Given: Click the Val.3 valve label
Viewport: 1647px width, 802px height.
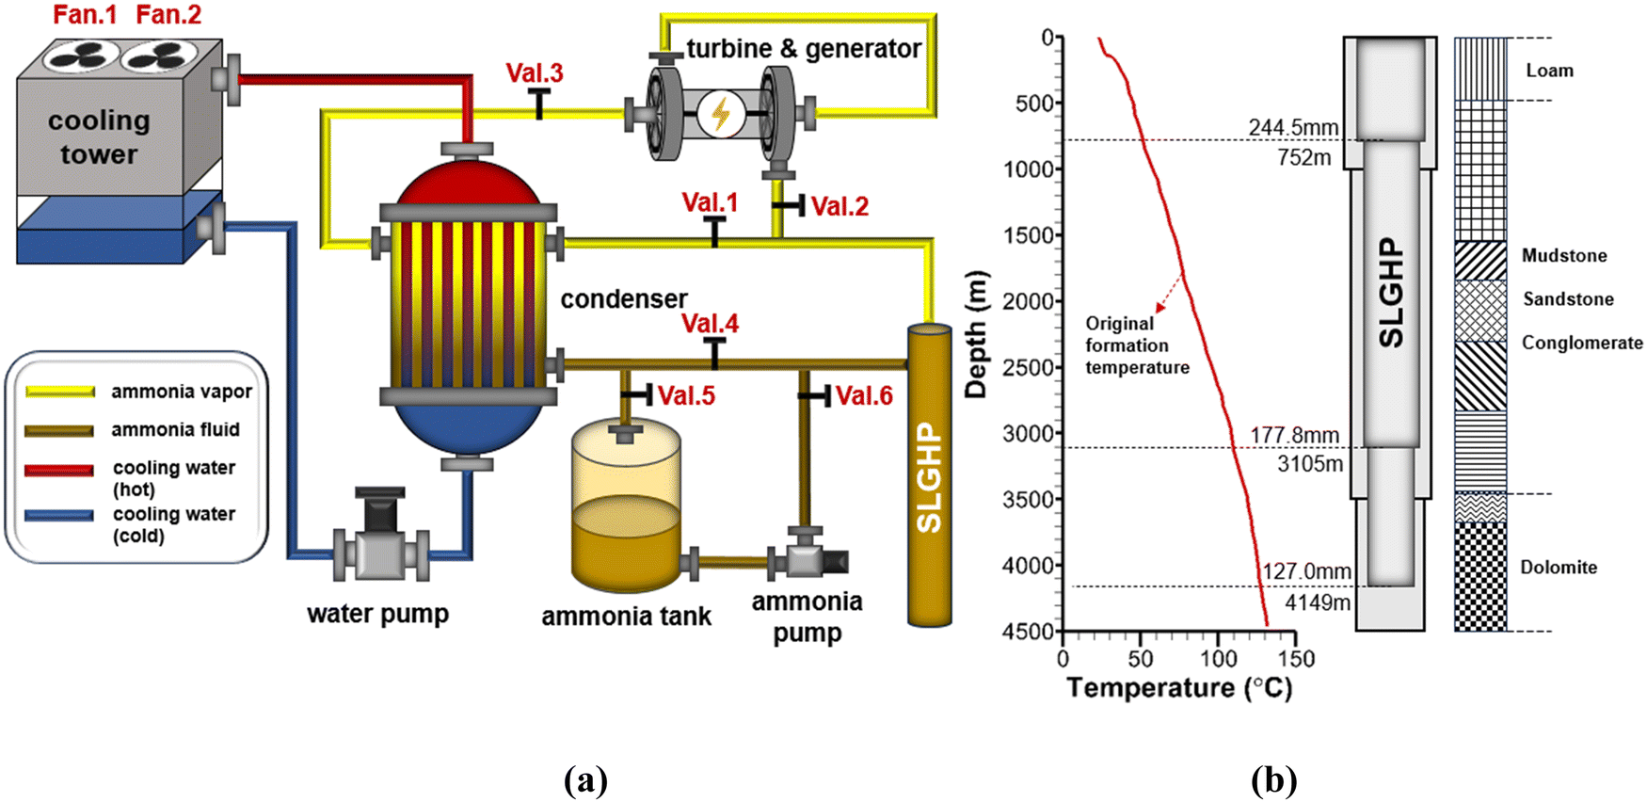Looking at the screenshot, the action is [535, 72].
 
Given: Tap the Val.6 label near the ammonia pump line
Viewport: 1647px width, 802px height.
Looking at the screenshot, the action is [864, 396].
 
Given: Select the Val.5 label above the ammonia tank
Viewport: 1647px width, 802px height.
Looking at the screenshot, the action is [686, 396].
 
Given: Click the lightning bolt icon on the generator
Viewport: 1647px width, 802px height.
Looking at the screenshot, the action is [721, 114].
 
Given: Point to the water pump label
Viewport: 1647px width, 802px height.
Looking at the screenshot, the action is [377, 615].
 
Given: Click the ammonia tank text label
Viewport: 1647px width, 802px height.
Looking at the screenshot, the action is [626, 617].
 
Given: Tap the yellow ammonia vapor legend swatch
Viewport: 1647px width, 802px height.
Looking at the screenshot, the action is [60, 392].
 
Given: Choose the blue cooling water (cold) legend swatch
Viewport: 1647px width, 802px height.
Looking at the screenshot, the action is [58, 516].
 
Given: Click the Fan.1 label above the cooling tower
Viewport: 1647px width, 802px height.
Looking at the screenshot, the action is [85, 15].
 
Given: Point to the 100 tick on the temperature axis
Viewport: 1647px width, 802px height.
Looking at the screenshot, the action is [1219, 658].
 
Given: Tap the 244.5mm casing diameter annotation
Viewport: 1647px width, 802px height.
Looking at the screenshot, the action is [1293, 127].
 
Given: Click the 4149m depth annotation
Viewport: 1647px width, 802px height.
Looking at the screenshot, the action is [1318, 602].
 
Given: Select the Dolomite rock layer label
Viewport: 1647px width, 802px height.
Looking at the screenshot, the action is [1559, 567].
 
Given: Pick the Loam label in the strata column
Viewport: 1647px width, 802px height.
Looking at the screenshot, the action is [1549, 71].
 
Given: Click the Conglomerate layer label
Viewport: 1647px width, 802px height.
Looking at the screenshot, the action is [1582, 343].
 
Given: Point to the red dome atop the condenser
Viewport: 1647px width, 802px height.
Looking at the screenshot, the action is [468, 184].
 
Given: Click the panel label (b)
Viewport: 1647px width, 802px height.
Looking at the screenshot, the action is [1273, 780].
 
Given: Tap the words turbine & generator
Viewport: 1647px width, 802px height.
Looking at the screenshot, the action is [804, 49].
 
